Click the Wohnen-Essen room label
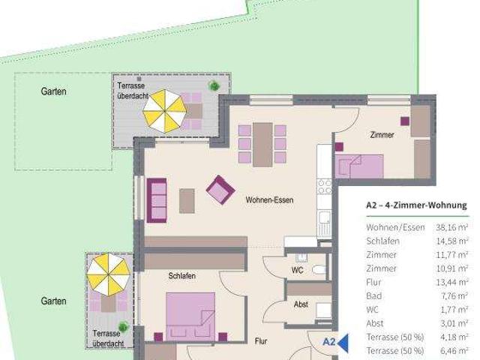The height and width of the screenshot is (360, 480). [269, 200]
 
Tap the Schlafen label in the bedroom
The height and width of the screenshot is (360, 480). [181, 276]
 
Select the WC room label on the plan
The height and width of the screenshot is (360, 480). [297, 270]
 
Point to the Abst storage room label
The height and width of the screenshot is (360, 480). [301, 304]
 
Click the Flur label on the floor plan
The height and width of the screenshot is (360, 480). [261, 341]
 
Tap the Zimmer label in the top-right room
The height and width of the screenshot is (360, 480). [382, 135]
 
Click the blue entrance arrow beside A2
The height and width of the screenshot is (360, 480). [343, 343]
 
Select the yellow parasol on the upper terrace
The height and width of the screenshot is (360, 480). [165, 111]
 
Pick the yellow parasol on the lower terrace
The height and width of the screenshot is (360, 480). [108, 274]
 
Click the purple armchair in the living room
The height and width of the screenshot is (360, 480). [220, 190]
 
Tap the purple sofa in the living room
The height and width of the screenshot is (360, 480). [157, 200]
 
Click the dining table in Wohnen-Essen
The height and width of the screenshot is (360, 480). [262, 145]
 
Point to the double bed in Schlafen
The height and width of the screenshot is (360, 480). [190, 316]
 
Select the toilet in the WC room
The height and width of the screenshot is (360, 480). [319, 270]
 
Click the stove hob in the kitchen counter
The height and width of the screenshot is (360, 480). [324, 187]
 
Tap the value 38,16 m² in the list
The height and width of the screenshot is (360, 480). [451, 227]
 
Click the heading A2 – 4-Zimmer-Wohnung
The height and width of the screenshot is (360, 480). [417, 205]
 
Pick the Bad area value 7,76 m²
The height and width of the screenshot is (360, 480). [454, 296]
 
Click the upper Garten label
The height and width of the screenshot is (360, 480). [53, 91]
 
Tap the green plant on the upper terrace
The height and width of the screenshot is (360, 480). [214, 86]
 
